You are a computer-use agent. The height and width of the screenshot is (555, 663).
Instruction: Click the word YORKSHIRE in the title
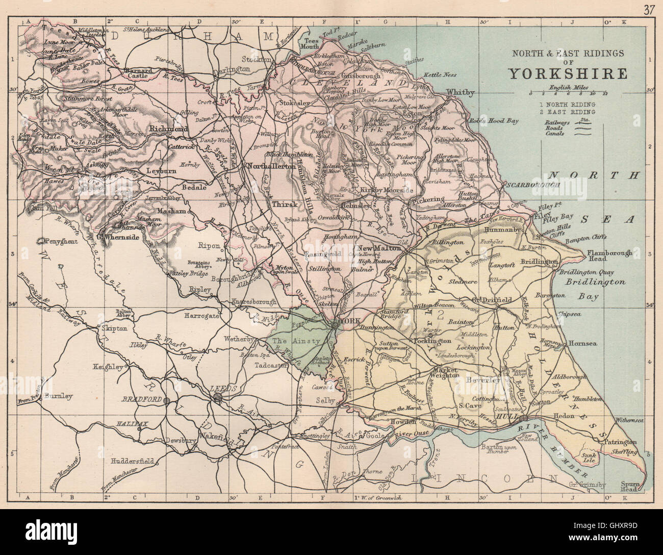(x=567, y=74)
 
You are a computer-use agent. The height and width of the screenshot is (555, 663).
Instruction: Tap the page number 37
(x=649, y=10)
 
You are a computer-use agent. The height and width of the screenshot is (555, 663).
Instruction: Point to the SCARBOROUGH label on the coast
(x=532, y=185)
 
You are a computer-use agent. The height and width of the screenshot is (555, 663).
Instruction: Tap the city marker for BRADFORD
(x=166, y=401)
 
